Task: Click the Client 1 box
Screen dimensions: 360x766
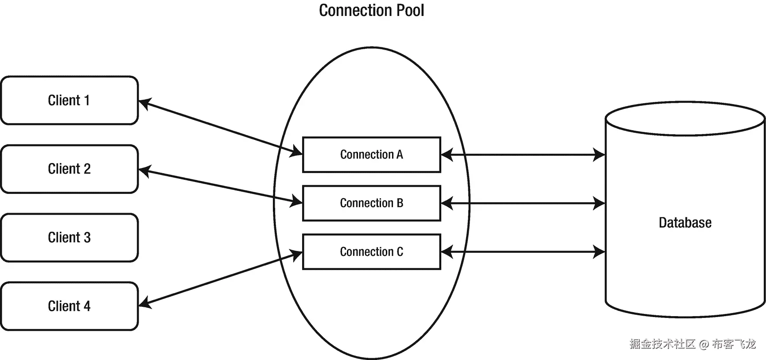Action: (x=69, y=101)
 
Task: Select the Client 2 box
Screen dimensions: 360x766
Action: (x=69, y=169)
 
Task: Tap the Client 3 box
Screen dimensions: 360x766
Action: (x=69, y=238)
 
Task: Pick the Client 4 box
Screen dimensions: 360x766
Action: (x=69, y=306)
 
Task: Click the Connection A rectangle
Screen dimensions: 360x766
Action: (x=371, y=155)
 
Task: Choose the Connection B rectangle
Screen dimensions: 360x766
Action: (x=371, y=203)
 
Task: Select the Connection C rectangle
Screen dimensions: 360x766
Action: (x=371, y=252)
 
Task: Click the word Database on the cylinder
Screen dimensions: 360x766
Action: (x=685, y=223)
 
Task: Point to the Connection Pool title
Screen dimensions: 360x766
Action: (x=371, y=11)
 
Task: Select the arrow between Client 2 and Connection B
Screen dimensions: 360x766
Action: (x=220, y=186)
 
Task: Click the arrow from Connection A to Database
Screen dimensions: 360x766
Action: (x=523, y=155)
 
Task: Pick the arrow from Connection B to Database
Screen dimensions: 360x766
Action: (x=523, y=204)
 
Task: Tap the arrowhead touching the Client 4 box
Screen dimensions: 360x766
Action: (x=144, y=303)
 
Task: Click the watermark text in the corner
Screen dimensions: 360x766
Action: (x=692, y=344)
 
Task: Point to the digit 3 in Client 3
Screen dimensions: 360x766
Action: (x=87, y=238)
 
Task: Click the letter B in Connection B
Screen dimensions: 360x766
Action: (x=400, y=203)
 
